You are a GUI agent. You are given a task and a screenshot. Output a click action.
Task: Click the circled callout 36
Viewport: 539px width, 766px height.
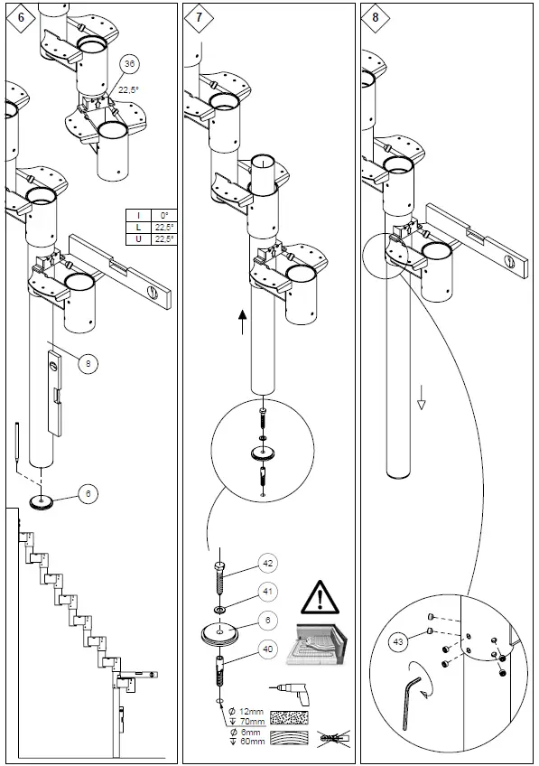pos(130,64)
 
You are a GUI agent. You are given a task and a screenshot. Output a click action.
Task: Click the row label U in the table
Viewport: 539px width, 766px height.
pos(138,238)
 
